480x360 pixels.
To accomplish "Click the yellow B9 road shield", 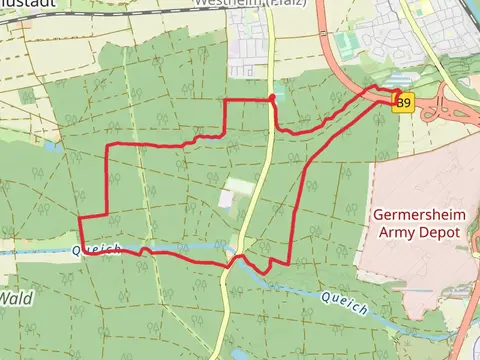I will [x=402, y=103].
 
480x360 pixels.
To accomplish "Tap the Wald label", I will [x=15, y=298].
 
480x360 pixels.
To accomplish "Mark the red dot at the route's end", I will [x=272, y=97].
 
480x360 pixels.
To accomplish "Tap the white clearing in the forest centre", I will [x=237, y=187].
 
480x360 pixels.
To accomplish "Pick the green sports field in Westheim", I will [x=347, y=43].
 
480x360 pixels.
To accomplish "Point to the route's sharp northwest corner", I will [x=107, y=146].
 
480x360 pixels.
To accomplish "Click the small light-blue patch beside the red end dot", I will [x=280, y=93].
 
